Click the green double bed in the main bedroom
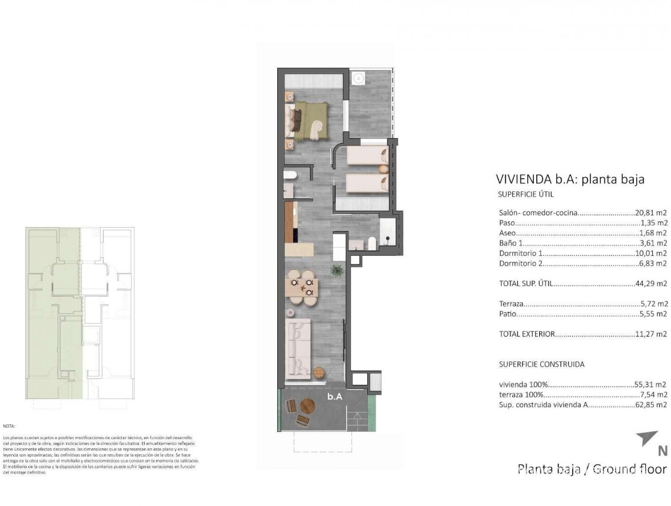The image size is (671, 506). [x=311, y=121]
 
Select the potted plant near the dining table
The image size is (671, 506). [x=337, y=271]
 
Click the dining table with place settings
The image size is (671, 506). [x=302, y=287]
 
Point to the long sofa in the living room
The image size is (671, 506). [x=297, y=348]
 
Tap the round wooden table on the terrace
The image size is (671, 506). [x=308, y=406]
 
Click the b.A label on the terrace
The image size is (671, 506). [x=335, y=397]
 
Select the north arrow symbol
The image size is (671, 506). [x=647, y=439]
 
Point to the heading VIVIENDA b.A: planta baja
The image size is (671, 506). [x=570, y=179]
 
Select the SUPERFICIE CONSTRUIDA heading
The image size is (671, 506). [x=542, y=364]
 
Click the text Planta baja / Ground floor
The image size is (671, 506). [x=592, y=469]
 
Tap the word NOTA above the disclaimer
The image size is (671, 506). [x=9, y=425]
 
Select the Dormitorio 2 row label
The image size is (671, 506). [x=521, y=264]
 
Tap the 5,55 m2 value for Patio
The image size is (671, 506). [x=653, y=314]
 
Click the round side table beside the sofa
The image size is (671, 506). [x=319, y=372]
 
